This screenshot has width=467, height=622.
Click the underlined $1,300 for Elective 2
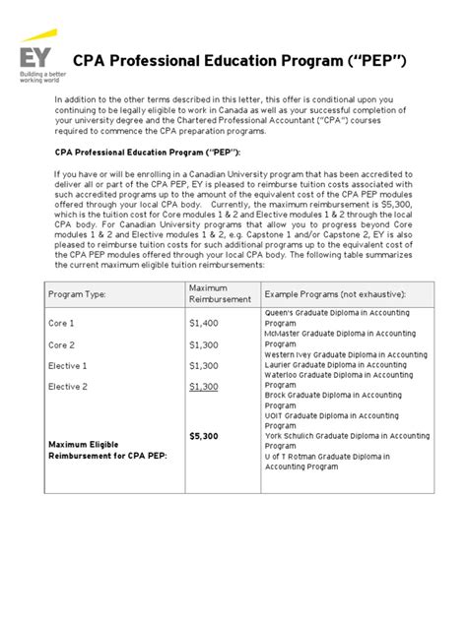[204, 387]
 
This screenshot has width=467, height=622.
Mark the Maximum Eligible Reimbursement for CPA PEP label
[108, 450]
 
